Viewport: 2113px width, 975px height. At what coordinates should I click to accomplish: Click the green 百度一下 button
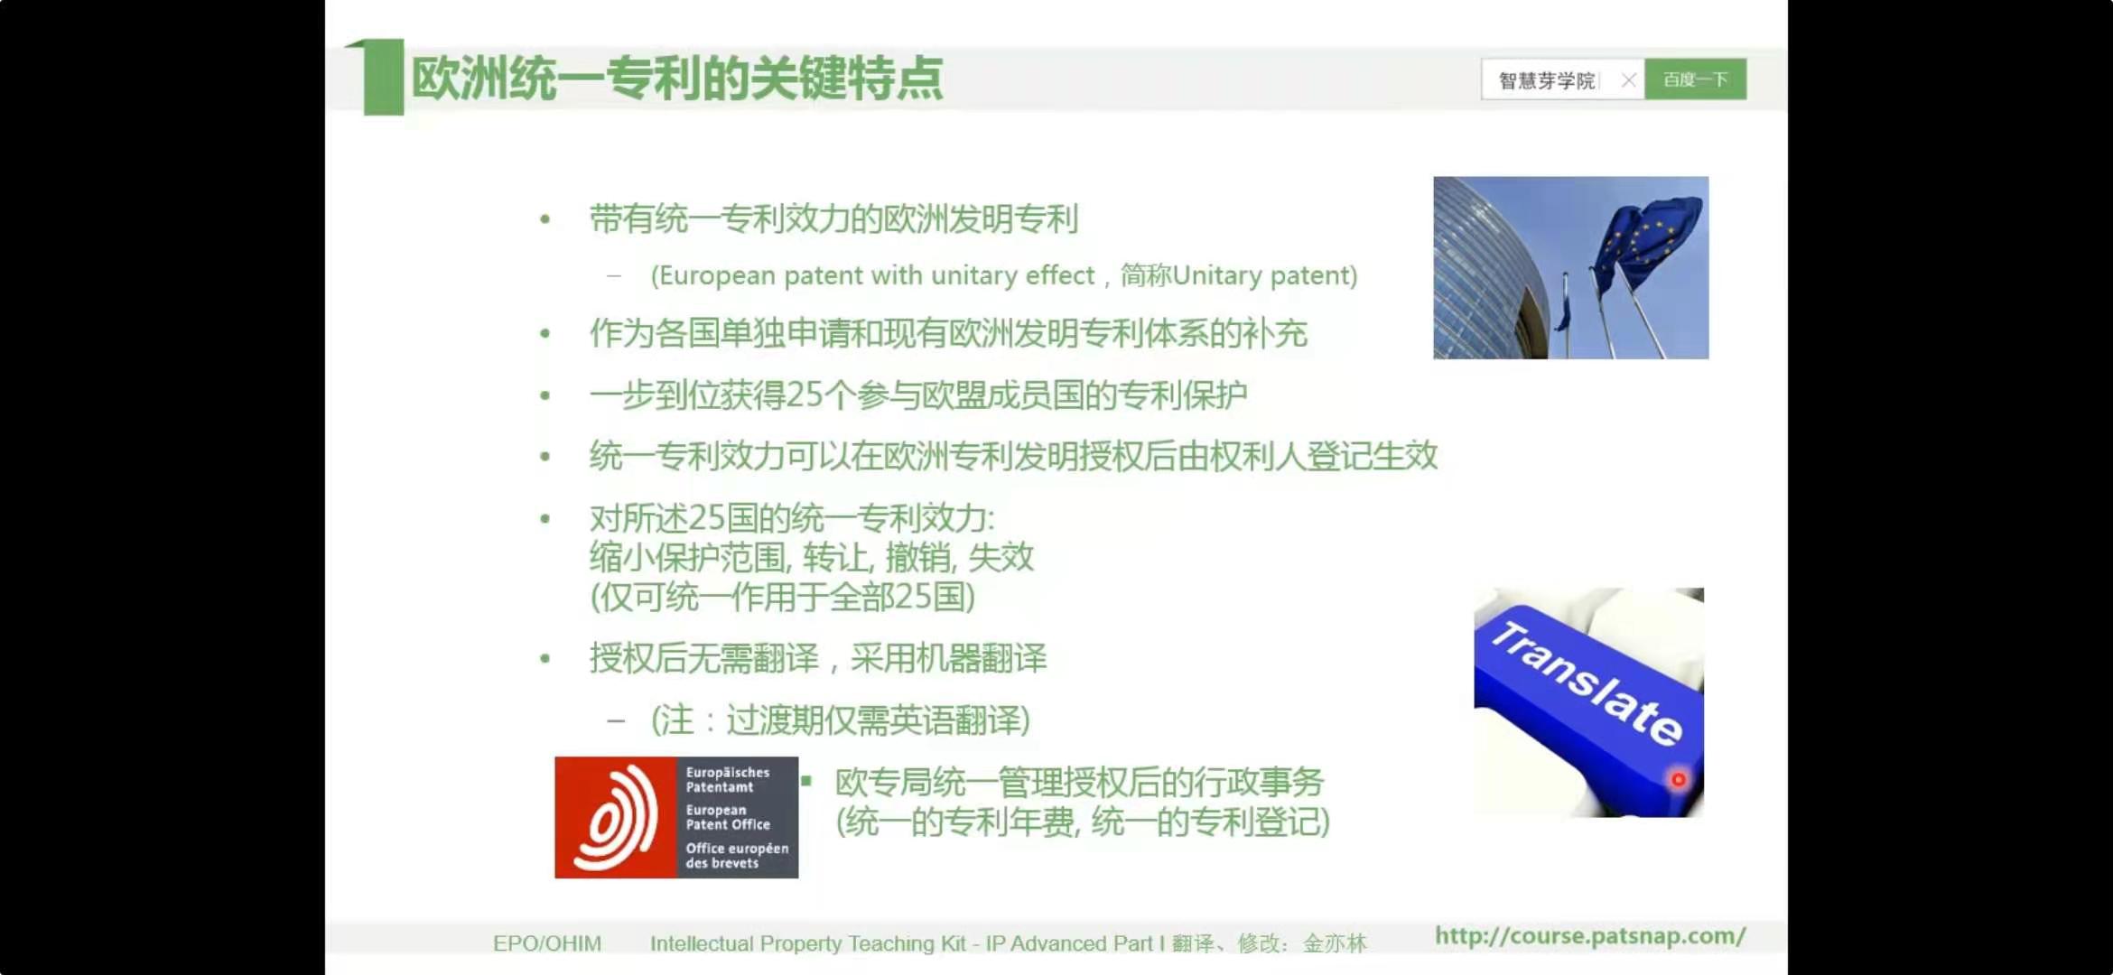(1695, 79)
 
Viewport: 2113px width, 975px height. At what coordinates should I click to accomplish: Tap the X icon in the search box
(1628, 80)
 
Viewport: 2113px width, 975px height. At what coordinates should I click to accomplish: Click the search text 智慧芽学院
(1546, 81)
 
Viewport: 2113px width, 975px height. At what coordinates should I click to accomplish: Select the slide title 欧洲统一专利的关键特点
(677, 78)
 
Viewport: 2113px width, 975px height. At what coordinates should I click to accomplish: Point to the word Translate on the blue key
(1587, 683)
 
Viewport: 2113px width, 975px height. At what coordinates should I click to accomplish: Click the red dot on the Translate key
(1678, 779)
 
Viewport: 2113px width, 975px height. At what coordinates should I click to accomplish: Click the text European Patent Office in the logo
(727, 817)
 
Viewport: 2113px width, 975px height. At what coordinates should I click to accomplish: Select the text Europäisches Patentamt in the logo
(727, 779)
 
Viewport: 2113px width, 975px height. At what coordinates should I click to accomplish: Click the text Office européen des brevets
(737, 855)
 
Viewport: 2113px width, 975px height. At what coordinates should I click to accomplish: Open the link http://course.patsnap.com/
(1590, 936)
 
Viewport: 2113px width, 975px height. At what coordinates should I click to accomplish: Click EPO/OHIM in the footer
(547, 943)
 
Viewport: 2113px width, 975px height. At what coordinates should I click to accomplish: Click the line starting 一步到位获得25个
(918, 395)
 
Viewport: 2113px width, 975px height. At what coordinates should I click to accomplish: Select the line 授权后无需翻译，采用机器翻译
(818, 658)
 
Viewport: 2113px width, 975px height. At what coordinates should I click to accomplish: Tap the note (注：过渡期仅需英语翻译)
(840, 720)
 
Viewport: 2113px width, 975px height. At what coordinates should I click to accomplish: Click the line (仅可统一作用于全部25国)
(783, 597)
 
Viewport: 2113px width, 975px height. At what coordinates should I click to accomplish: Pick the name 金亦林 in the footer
(1335, 943)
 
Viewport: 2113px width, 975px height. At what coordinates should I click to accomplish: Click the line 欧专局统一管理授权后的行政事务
(1079, 782)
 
